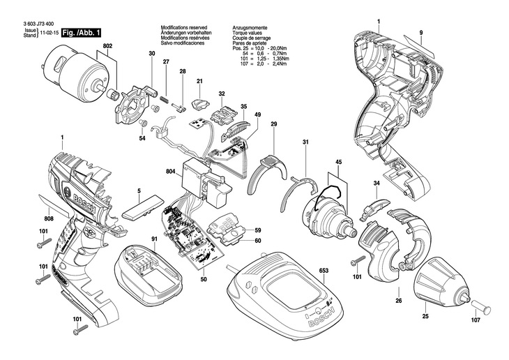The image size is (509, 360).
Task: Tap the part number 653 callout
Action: (x=324, y=269)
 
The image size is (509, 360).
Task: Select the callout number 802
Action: (x=107, y=46)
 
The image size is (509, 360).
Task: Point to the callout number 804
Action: (x=170, y=171)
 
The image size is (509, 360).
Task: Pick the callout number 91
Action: (x=154, y=241)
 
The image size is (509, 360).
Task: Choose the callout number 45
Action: (x=339, y=164)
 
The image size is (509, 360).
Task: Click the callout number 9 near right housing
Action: (x=421, y=33)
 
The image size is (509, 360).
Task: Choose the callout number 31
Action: (x=305, y=143)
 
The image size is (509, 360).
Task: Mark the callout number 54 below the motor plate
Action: (x=142, y=138)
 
